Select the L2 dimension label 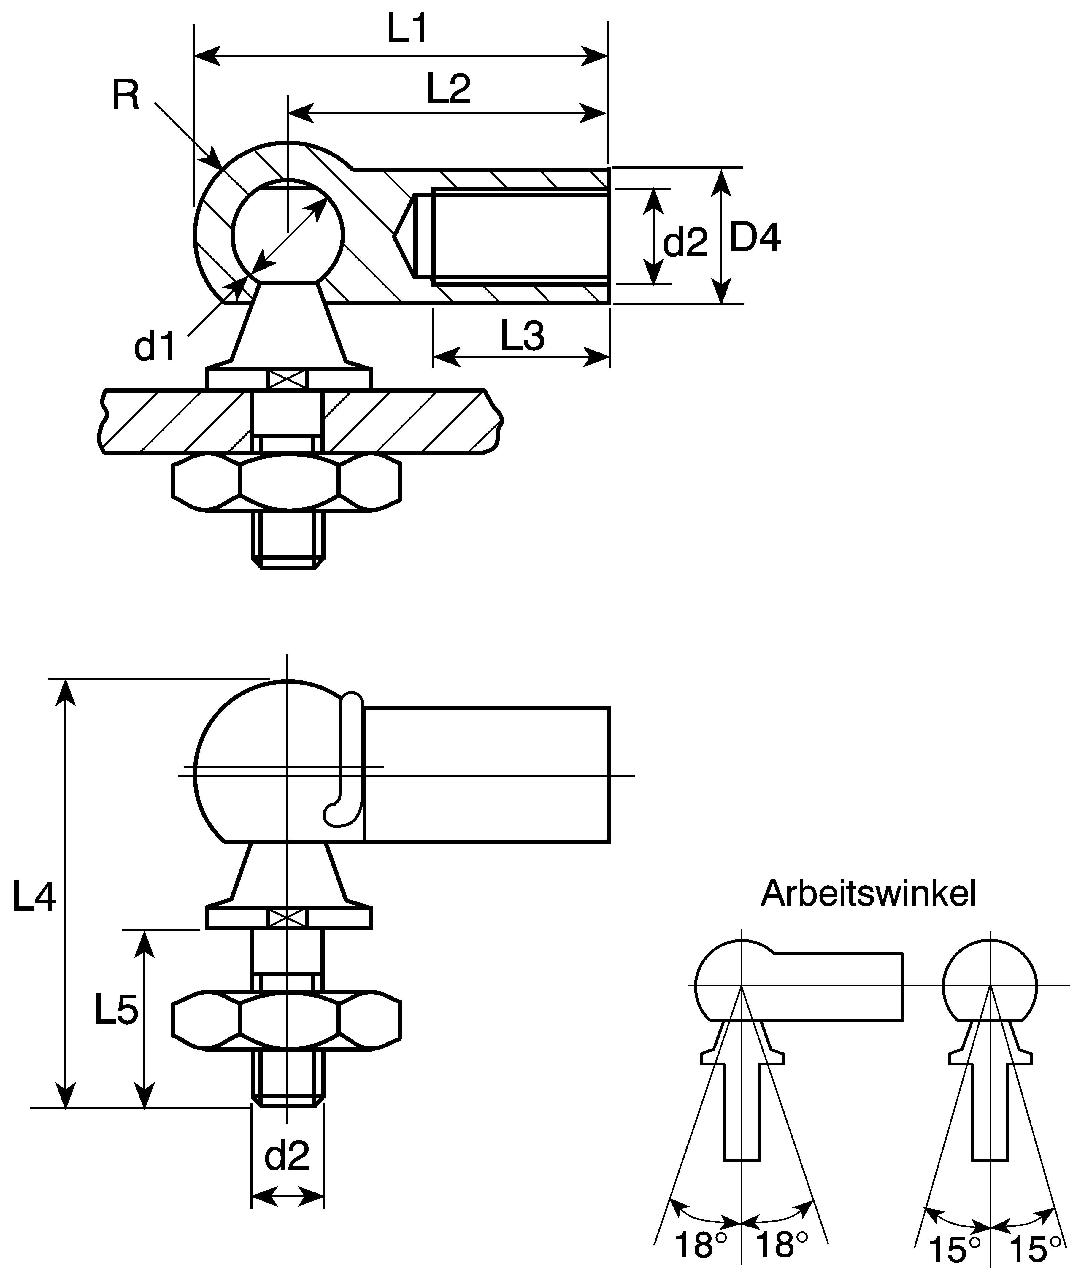[448, 88]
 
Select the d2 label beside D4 [685, 242]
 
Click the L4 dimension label [34, 897]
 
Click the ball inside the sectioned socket [288, 232]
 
